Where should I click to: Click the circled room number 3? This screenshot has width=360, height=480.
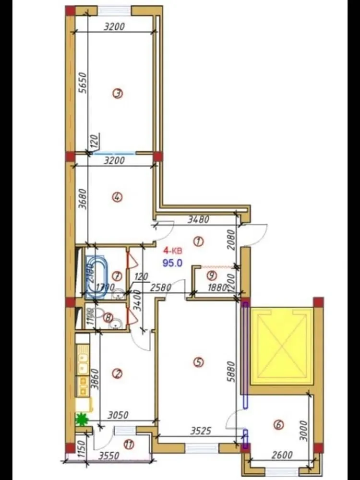[x=118, y=94]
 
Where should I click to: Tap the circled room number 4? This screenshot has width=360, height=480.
[x=118, y=197]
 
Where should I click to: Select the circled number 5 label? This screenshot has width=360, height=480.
[x=198, y=363]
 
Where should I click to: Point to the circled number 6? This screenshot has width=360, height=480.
[x=278, y=424]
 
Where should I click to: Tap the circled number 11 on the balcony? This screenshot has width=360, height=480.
[x=128, y=444]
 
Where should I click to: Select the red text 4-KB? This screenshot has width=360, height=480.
[x=172, y=251]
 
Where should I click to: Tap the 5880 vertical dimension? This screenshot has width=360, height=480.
[x=231, y=372]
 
